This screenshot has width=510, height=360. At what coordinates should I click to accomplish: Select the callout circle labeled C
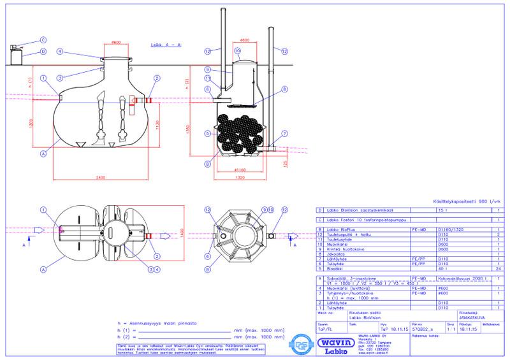click(x=43, y=40)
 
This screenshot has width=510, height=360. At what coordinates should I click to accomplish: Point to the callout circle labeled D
click(x=43, y=51)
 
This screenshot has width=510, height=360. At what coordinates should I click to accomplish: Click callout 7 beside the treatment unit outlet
click(x=285, y=134)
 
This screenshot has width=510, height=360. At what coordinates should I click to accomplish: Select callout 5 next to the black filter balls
click(x=208, y=134)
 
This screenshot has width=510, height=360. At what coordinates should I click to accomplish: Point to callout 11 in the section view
click(x=208, y=78)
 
